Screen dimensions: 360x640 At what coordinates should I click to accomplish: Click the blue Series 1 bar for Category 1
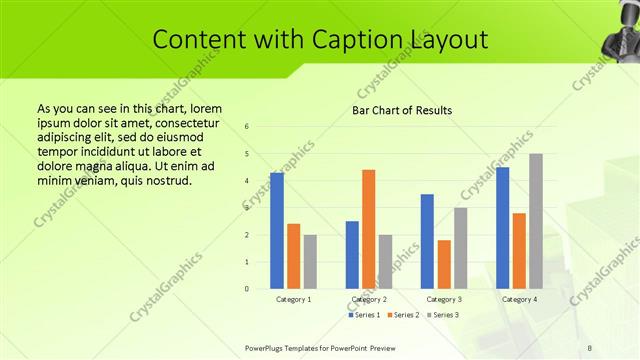point(277,231)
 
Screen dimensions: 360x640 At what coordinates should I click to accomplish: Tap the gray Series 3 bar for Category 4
point(536,221)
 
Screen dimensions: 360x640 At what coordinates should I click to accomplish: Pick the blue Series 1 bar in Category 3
point(428,241)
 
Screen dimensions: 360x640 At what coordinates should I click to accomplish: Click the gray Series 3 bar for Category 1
point(310,262)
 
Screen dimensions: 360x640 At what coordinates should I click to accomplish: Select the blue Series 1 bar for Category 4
point(503,228)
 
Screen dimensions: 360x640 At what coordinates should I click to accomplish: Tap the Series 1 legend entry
point(364,315)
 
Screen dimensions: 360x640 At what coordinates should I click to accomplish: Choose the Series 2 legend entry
point(402,315)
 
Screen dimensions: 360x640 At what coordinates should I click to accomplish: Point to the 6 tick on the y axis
point(247,127)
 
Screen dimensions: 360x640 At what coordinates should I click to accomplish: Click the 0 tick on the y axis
point(247,289)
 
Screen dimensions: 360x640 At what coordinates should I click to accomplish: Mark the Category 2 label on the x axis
point(369,299)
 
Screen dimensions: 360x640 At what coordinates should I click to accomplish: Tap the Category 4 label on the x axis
point(519,299)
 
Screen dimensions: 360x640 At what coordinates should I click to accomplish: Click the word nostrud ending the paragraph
point(161,181)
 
